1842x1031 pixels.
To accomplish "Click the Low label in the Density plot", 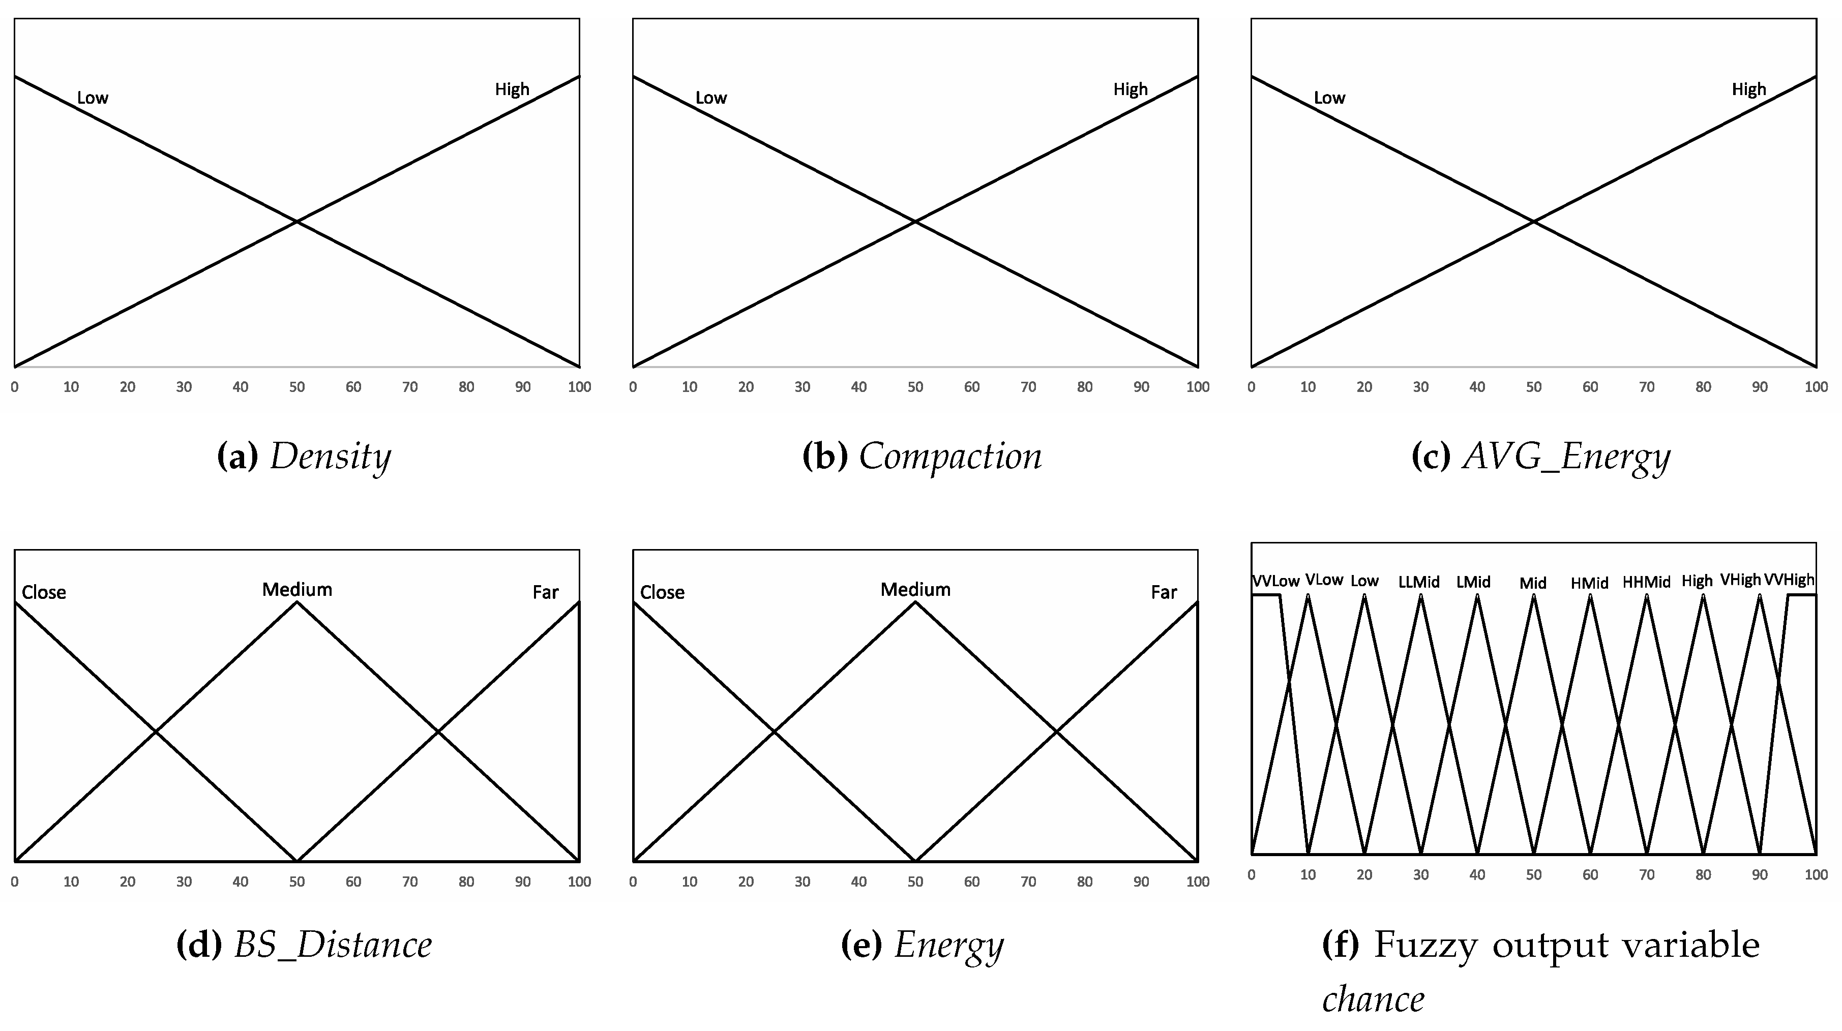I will pyautogui.click(x=92, y=98).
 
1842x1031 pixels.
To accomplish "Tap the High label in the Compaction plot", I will pyautogui.click(x=1130, y=89).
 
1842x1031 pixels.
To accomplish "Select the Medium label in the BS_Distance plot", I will pyautogui.click(x=297, y=590).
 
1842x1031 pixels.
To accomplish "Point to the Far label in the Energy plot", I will pyautogui.click(x=1164, y=593).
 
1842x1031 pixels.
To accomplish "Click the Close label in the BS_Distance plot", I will pyautogui.click(x=44, y=593).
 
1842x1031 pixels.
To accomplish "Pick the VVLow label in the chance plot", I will pyautogui.click(x=1275, y=581).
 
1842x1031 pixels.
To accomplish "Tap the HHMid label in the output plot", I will pyautogui.click(x=1646, y=583).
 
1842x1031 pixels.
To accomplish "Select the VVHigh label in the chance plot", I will pyautogui.click(x=1789, y=580).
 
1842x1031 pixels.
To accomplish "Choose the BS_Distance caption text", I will pyautogui.click(x=333, y=945).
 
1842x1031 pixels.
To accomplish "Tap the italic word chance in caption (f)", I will pyautogui.click(x=1373, y=999).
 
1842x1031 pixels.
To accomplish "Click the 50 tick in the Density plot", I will pyautogui.click(x=297, y=387).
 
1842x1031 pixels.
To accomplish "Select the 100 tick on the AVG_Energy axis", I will pyautogui.click(x=1816, y=387).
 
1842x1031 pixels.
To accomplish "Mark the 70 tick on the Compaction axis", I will pyautogui.click(x=1028, y=387).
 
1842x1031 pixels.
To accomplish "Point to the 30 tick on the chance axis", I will pyautogui.click(x=1421, y=875).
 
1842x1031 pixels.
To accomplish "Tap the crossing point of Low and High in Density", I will pyautogui.click(x=297, y=222).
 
